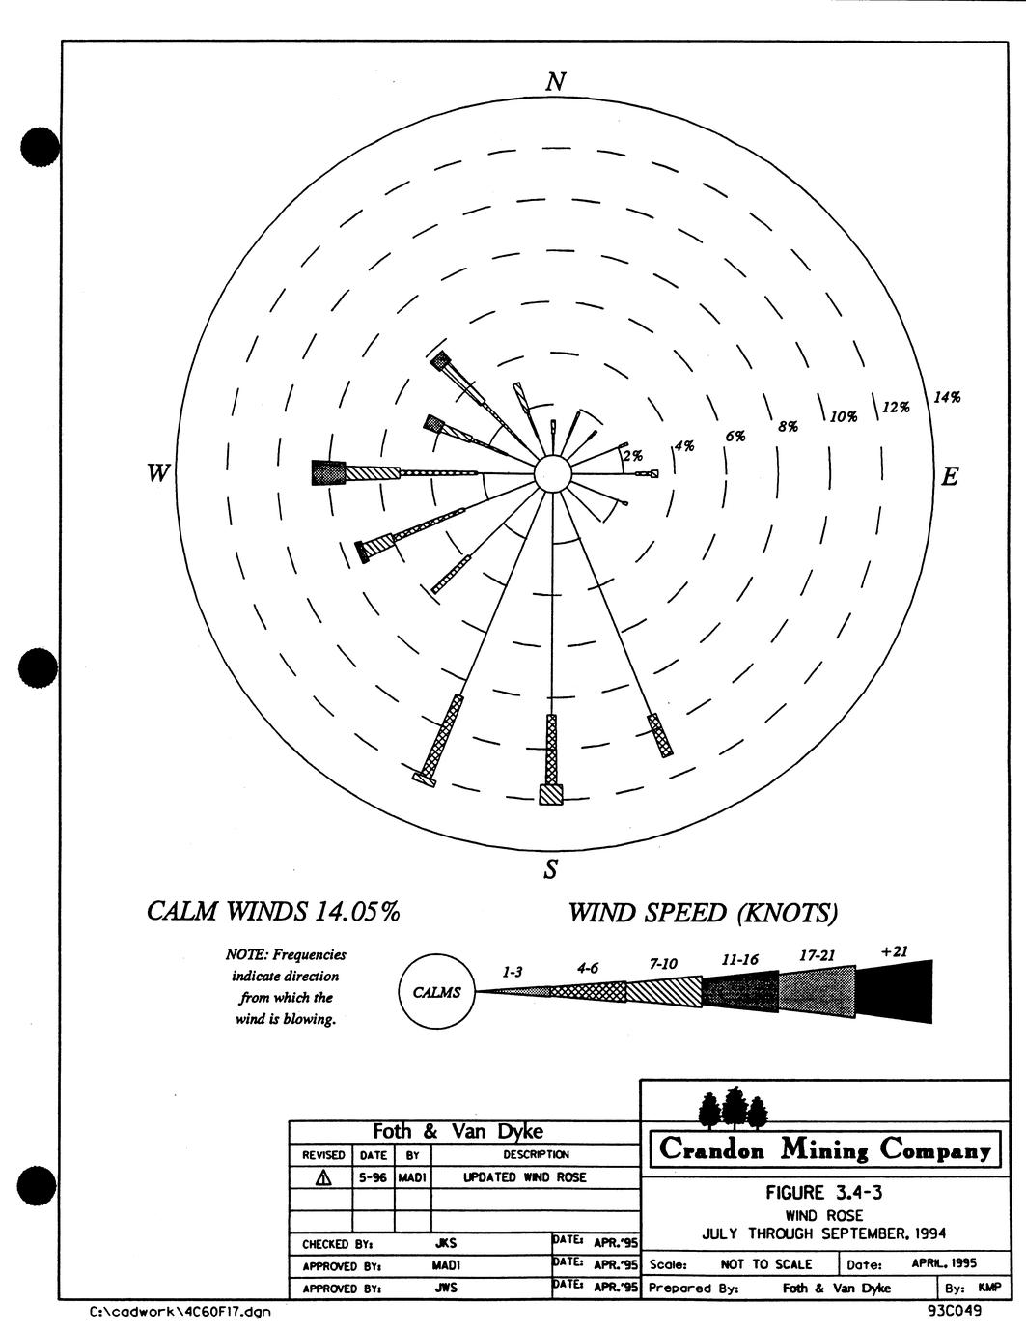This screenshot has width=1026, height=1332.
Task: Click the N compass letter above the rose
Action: pos(556,81)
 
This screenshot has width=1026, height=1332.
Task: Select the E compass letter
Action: pos(950,476)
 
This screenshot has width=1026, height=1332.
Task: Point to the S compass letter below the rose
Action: pos(551,869)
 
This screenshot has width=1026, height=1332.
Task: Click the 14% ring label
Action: pos(947,397)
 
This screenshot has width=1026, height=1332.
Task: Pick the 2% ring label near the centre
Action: pos(633,456)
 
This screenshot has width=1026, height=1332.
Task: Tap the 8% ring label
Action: pos(789,426)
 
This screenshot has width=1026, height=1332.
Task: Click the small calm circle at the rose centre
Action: pos(552,474)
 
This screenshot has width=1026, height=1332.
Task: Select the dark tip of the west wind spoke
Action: pos(329,472)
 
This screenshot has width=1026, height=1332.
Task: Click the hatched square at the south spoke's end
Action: pos(550,794)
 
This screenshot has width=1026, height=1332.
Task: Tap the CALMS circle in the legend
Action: pos(437,992)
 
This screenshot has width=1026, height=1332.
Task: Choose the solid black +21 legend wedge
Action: pos(894,991)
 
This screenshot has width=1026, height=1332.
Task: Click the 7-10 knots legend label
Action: pos(663,964)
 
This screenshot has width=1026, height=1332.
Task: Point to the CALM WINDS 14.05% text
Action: pos(273,912)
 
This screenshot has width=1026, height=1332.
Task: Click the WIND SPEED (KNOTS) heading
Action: pos(704,914)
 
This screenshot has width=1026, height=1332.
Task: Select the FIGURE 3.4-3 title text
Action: pos(824,1193)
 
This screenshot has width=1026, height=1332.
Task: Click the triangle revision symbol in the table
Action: pos(323,1177)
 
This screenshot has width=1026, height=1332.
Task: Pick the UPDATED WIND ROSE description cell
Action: pos(524,1177)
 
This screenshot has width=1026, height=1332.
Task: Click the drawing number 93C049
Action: pos(954,1311)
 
